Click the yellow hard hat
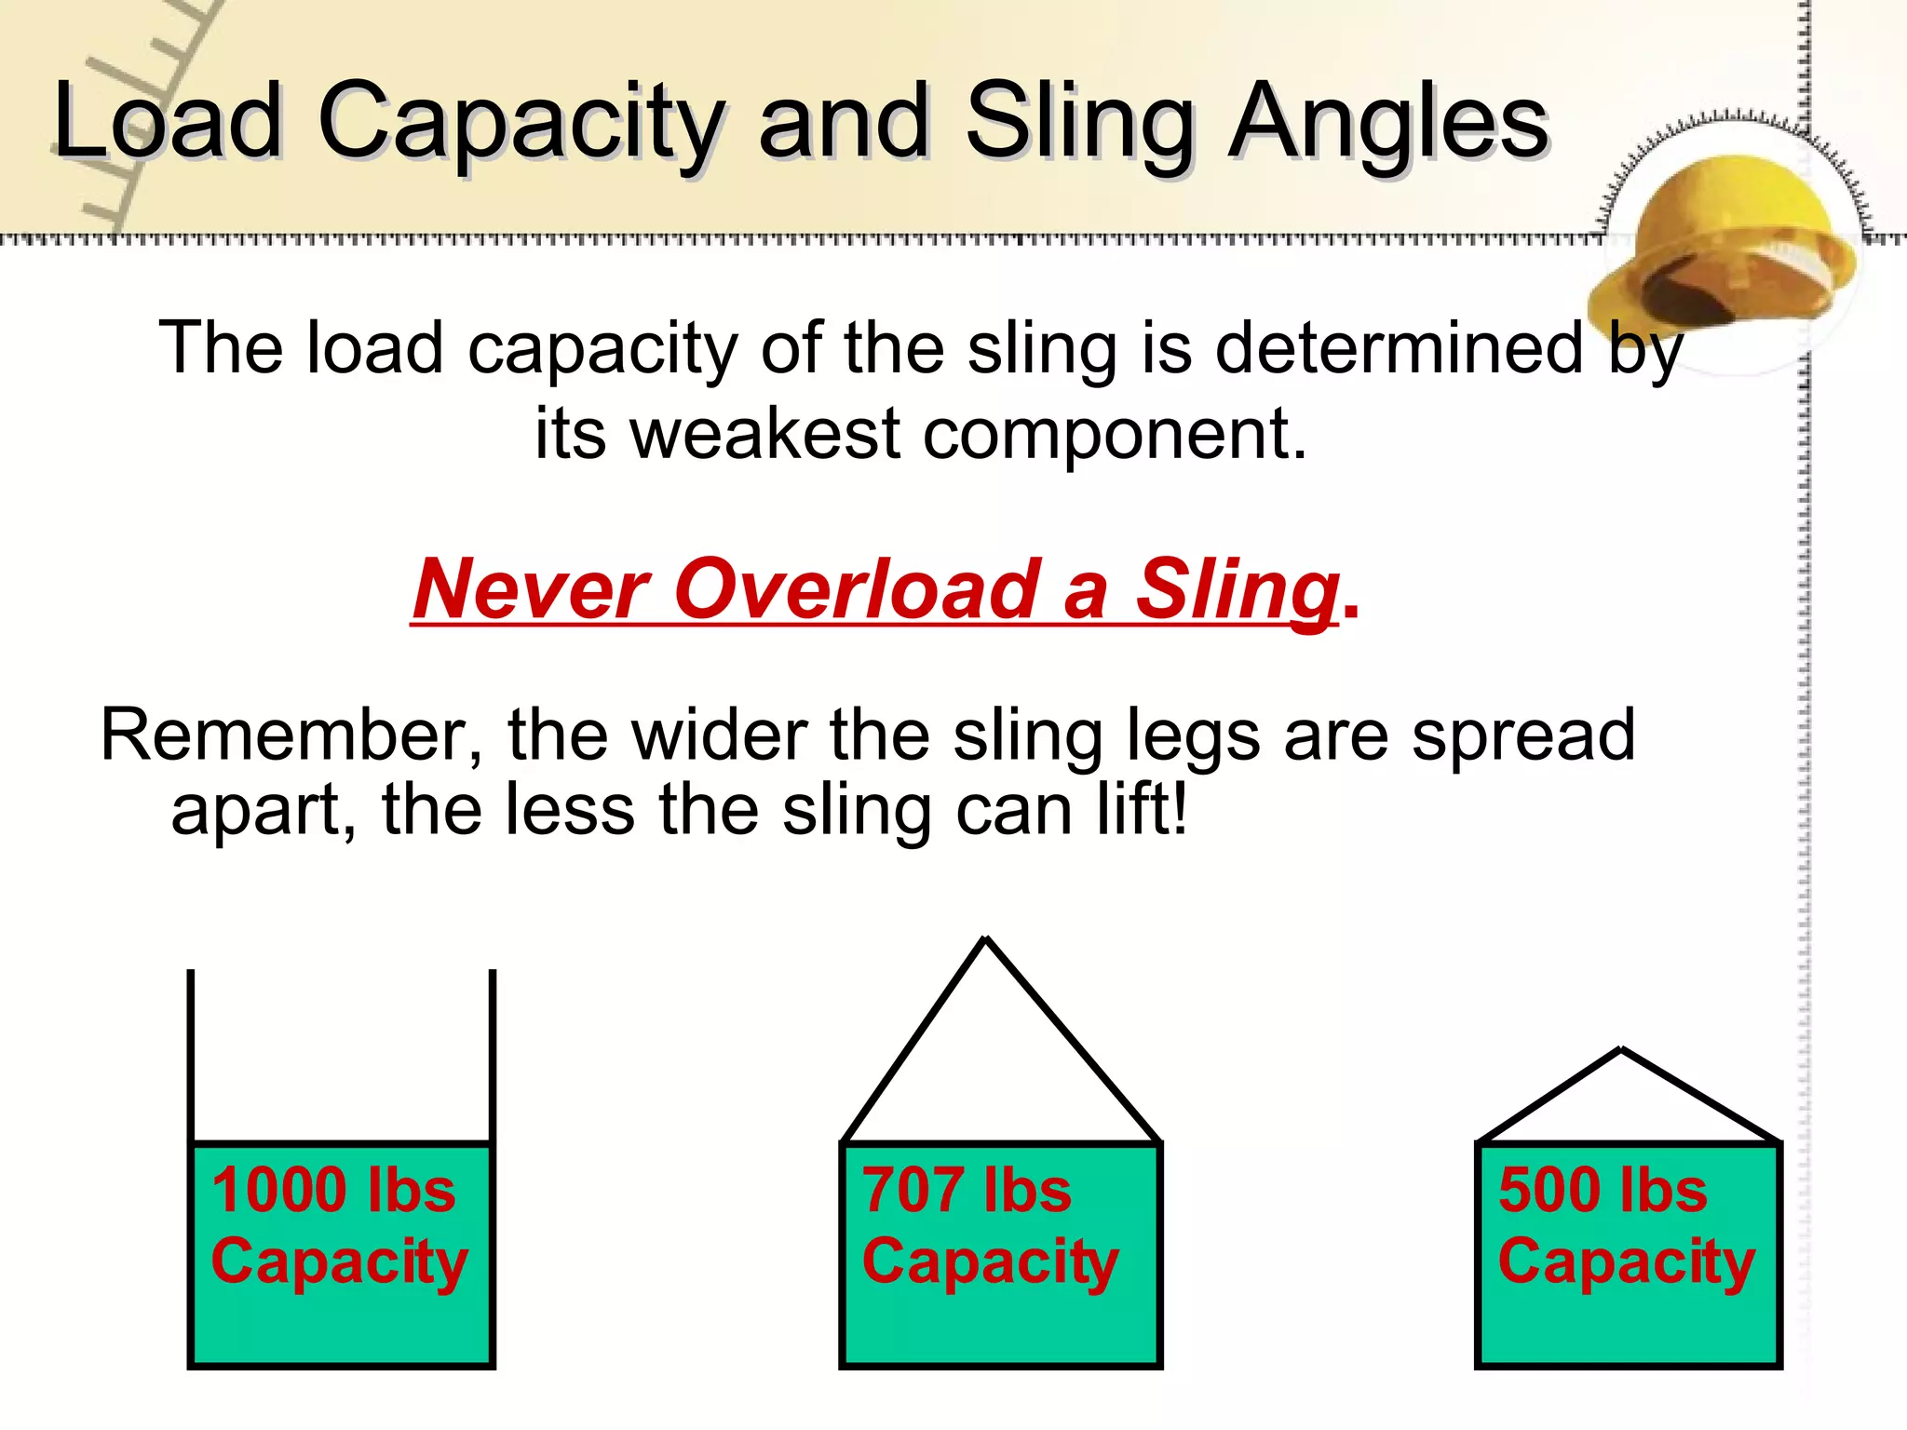click(1728, 247)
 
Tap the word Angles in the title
click(1387, 121)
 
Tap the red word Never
click(532, 588)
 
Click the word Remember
click(291, 735)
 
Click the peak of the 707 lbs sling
click(985, 940)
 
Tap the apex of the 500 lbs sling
click(1622, 1052)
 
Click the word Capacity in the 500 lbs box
click(1626, 1261)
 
